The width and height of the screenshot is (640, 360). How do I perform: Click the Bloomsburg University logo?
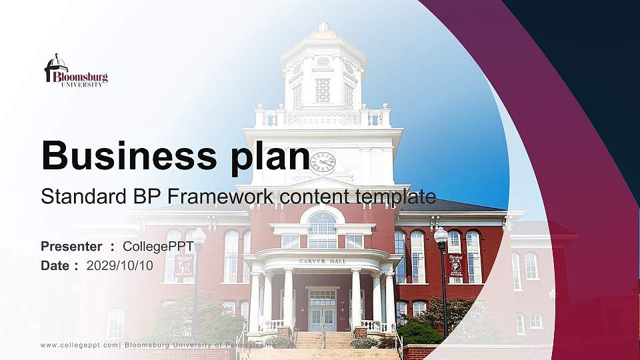75,71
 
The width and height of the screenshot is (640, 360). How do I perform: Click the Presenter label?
71,247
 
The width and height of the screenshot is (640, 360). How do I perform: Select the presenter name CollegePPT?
158,247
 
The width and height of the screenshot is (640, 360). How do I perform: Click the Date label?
56,265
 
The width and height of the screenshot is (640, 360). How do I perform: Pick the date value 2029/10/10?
120,265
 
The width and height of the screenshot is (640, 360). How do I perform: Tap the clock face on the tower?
323,162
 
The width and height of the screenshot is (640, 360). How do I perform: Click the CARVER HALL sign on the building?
323,261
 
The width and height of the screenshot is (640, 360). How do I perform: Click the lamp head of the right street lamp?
441,235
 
